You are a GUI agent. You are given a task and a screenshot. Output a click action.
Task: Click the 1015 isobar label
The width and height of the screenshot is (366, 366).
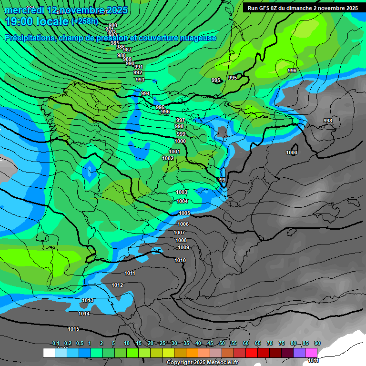[x=73, y=329]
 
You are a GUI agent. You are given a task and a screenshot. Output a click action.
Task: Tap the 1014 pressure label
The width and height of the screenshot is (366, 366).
[x=84, y=314]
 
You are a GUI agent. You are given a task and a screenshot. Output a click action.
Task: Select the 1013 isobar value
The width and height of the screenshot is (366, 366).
[x=88, y=300]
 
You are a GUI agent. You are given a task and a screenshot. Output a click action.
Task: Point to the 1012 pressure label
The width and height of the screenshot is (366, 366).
[x=117, y=285]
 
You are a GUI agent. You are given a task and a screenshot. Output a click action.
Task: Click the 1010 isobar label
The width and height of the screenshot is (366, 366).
[x=180, y=260]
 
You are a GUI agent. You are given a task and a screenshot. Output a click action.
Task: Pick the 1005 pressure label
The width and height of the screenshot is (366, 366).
[x=184, y=213]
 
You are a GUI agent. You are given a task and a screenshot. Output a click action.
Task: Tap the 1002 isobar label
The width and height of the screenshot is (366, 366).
[x=168, y=158]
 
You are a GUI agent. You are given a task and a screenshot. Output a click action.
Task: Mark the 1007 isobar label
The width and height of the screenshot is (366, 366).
[x=179, y=233]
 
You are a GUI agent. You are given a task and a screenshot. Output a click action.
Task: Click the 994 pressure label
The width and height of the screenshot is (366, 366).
[x=145, y=93]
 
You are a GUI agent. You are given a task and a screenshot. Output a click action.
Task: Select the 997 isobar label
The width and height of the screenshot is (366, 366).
[x=180, y=120]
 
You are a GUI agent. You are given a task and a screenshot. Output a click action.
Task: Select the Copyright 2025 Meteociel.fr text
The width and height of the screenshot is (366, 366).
[x=202, y=362]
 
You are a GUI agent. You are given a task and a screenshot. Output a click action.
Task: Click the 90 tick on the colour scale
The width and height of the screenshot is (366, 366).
[x=317, y=343]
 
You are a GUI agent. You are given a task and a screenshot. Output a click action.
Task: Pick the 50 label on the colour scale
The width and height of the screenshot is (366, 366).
[x=222, y=343]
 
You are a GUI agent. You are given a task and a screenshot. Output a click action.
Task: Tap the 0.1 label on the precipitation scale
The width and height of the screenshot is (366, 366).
[x=56, y=343]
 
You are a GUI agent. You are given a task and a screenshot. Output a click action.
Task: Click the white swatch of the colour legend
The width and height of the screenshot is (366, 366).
[x=49, y=353]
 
